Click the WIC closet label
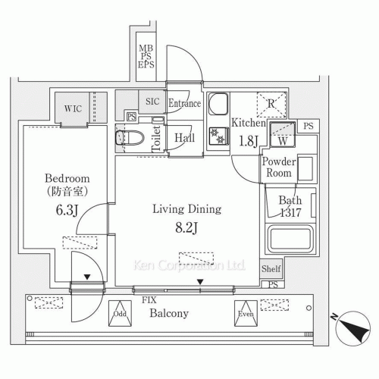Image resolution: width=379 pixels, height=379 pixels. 73,108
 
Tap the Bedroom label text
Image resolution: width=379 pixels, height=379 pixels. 59,179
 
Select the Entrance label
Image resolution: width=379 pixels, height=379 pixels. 184,104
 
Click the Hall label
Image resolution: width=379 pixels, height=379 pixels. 184,139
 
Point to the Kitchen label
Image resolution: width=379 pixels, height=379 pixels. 248,122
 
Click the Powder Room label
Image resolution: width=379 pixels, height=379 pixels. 277,167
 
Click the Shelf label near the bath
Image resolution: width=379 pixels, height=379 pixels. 271,269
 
